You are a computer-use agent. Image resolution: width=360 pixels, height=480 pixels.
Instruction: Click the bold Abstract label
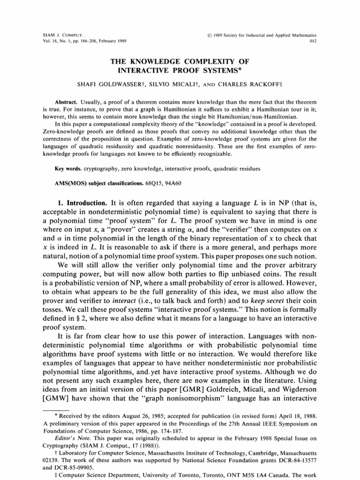point(65,102)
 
